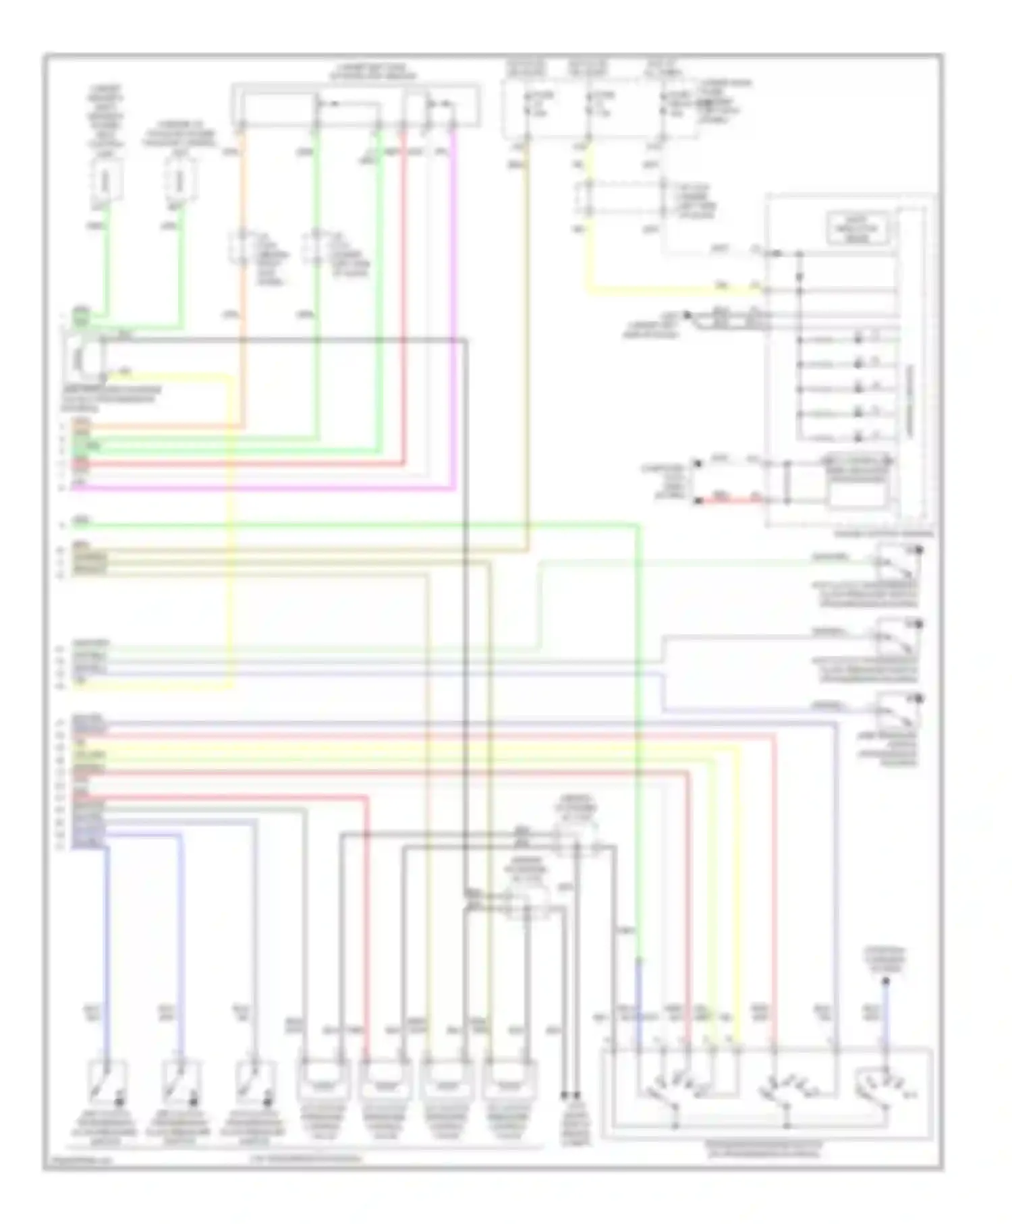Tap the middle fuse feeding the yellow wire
[589, 101]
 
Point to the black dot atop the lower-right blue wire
[887, 980]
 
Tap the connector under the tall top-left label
[106, 182]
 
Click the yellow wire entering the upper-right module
[675, 290]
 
